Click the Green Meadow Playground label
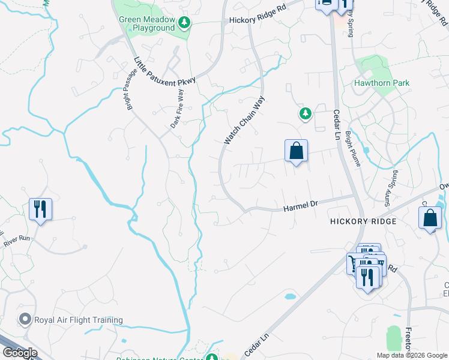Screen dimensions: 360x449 146,24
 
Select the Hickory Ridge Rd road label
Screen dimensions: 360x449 258,20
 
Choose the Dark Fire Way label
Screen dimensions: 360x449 177,109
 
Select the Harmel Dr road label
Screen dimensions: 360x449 300,207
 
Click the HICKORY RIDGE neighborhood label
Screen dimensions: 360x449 363,221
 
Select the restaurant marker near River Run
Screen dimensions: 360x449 40,209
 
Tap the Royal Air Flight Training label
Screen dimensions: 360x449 78,320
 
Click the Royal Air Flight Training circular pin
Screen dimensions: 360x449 25,320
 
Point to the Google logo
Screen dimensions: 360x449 20,353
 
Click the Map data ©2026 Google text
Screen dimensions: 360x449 412,355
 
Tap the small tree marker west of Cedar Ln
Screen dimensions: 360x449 306,113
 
